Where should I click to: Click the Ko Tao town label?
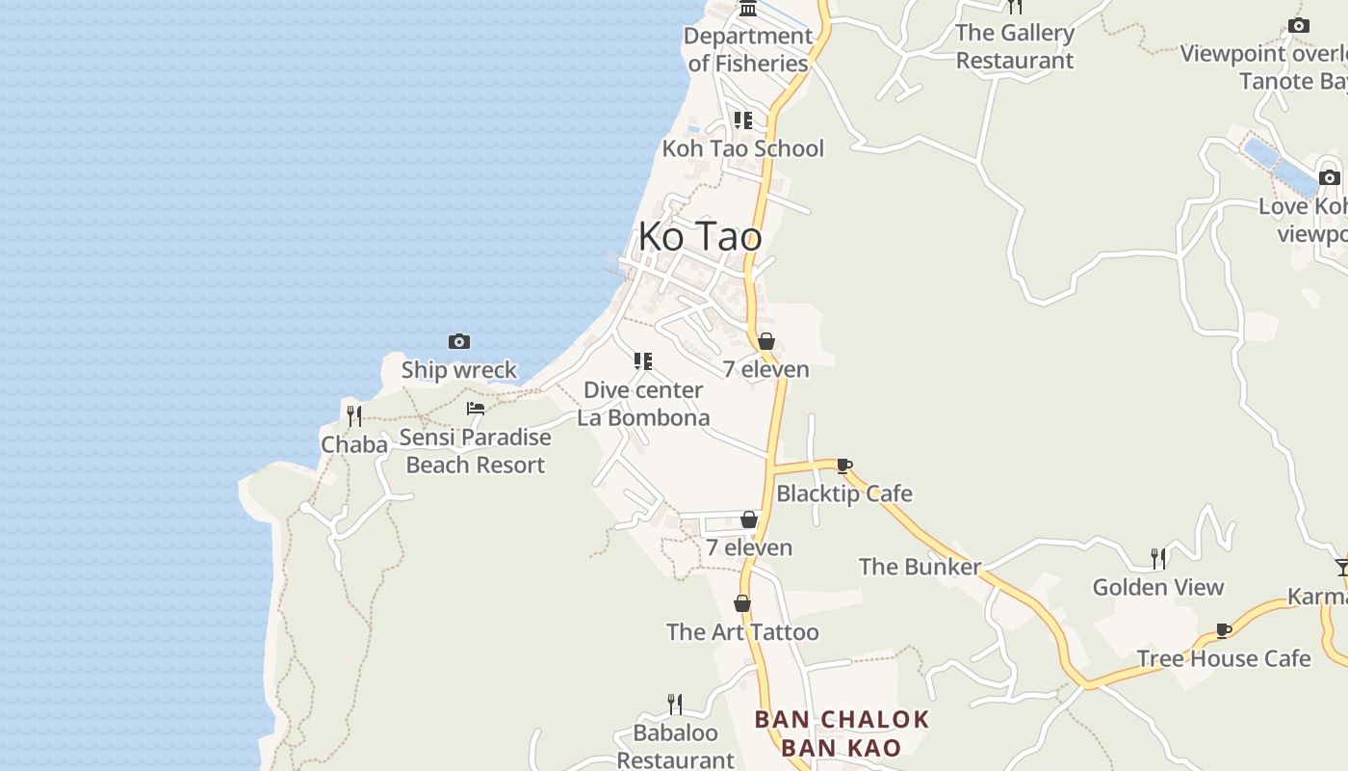click(700, 236)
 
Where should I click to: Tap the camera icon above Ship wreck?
click(459, 341)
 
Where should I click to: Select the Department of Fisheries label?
click(748, 49)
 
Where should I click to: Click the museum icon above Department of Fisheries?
click(748, 9)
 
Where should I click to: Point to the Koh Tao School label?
click(742, 148)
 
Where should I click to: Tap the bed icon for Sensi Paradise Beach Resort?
click(476, 409)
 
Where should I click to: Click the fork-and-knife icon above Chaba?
click(354, 416)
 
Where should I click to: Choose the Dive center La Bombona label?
click(643, 404)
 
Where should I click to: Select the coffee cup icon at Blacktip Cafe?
click(844, 466)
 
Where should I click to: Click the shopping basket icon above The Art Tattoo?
click(742, 604)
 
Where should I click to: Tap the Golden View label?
click(1157, 587)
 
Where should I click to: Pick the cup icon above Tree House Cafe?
click(1224, 631)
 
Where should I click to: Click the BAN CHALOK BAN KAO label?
click(842, 733)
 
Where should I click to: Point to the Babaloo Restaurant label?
click(675, 746)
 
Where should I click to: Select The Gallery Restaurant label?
click(1015, 46)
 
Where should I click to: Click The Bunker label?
click(920, 567)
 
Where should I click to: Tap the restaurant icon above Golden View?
click(1158, 558)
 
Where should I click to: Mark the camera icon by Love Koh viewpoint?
click(1330, 177)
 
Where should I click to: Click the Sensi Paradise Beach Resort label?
click(476, 451)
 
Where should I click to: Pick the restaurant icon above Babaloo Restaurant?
click(675, 705)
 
